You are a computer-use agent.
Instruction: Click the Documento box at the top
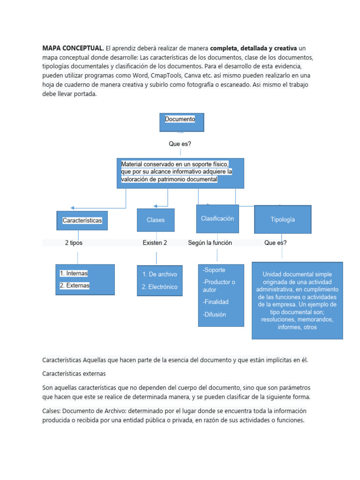coord(182,122)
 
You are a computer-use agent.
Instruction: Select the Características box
coord(82,220)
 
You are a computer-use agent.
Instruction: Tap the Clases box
coord(156,220)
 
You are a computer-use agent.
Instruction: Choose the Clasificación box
coord(217,218)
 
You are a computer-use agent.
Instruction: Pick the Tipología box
coord(283,219)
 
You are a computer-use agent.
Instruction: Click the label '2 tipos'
coord(74,243)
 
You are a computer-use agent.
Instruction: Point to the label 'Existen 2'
coord(155,243)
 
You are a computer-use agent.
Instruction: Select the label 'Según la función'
coord(210,243)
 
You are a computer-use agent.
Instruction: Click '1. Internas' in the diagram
coord(74,273)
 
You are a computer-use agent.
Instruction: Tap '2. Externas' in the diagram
coord(75,285)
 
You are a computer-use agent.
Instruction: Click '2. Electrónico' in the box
coord(159,287)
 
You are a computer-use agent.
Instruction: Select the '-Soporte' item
coord(214,270)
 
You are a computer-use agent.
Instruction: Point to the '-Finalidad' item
coord(216,302)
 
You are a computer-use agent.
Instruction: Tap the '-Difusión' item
coord(214,315)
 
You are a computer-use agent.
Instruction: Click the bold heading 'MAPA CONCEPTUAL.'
coord(73,48)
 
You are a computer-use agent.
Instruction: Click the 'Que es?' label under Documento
coord(180,144)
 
